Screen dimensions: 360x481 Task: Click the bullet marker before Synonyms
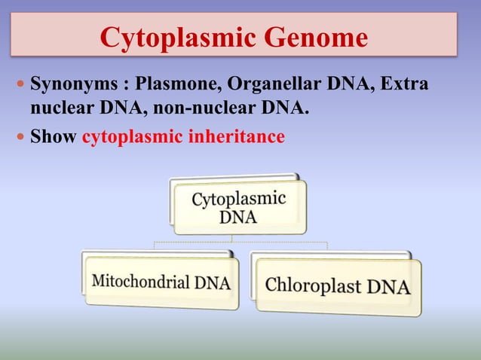coord(20,82)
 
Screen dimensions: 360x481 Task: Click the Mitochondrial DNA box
coord(161,282)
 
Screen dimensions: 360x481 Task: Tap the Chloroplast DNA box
coord(338,287)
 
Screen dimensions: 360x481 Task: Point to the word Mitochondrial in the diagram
coord(140,282)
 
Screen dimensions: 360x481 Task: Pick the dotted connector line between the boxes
coord(241,243)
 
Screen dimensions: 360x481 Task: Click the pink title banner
coord(234,34)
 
